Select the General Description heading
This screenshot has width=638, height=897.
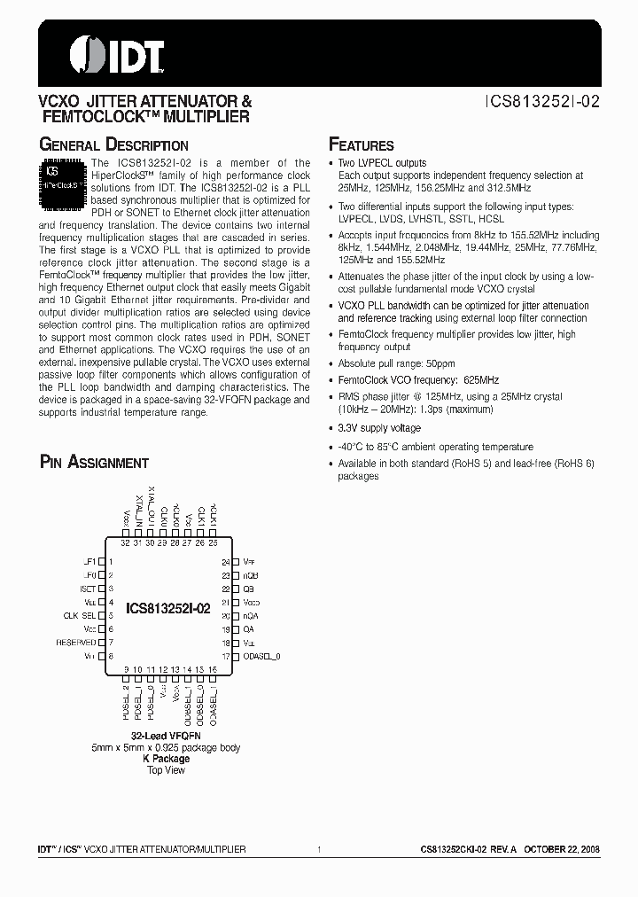pos(114,144)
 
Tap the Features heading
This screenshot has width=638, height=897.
pos(362,144)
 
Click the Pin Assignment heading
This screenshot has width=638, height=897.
pos(94,462)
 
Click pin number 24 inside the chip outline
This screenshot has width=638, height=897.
pos(225,561)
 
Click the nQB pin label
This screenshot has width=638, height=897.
pos(251,574)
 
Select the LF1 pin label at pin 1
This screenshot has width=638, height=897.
pos(89,562)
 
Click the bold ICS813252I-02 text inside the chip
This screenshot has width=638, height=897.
pos(168,609)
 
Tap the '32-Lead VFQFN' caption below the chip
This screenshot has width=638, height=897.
pos(166,736)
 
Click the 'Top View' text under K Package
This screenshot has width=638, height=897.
pos(166,769)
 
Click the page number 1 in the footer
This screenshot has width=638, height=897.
pos(318,849)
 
